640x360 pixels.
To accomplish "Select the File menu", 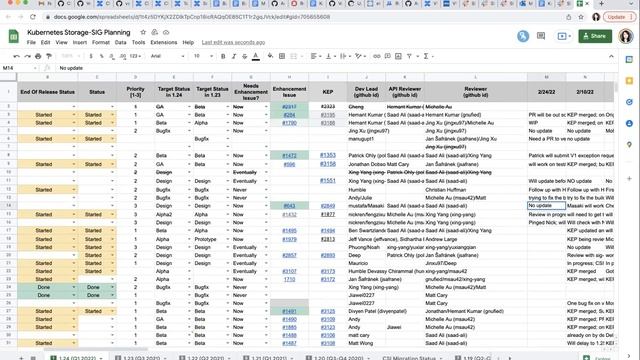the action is coord(31,43).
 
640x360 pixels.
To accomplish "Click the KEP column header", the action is coord(327,91).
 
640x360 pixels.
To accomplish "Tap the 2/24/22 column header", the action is coord(546,91).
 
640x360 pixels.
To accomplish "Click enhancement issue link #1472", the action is coord(288,156).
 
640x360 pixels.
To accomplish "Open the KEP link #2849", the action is coord(327,204).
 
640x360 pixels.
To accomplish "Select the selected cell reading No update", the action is coord(546,204).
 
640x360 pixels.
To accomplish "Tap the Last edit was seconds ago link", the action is coord(233,43).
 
